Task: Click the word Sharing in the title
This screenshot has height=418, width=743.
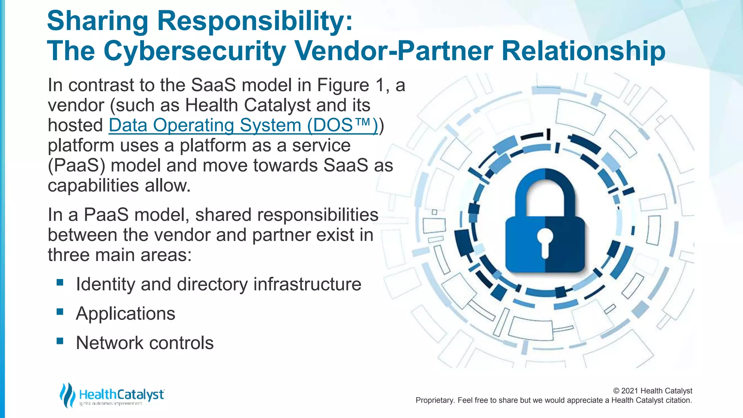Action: coord(97,21)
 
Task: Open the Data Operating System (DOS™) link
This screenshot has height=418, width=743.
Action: coord(243,126)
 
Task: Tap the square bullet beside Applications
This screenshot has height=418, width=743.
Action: coord(60,312)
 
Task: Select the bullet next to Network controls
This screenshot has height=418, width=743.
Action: coord(60,341)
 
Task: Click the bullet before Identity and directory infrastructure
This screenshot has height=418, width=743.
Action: coord(60,282)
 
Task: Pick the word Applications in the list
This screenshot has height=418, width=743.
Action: coord(126,314)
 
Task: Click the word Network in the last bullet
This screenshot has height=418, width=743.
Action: coord(110,343)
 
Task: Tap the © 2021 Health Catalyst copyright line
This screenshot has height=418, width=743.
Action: coord(652,391)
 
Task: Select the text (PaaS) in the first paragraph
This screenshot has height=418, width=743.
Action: coord(77,166)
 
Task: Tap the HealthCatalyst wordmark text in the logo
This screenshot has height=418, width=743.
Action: coord(122,394)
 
